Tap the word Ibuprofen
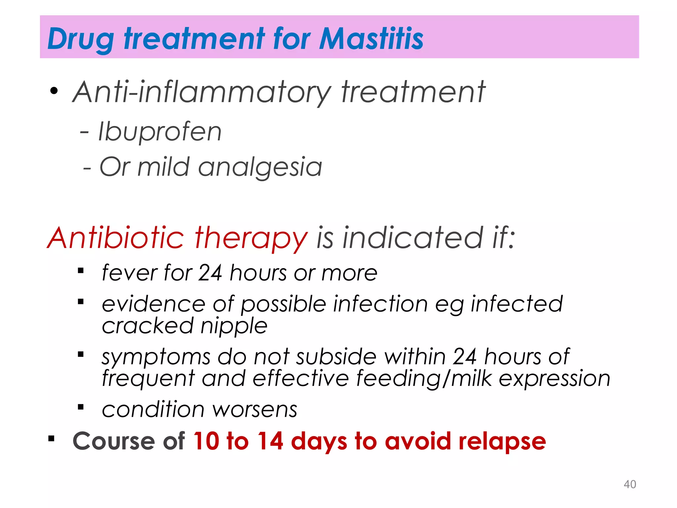pos(160,132)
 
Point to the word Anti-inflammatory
pos(202,93)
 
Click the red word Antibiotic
pos(116,238)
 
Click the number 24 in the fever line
pos(210,273)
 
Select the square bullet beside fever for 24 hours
pos(81,271)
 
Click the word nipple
pos(234,326)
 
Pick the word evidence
pos(153,304)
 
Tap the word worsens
pos(255,410)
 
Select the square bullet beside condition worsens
pos(81,407)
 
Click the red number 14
pos(270,441)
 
